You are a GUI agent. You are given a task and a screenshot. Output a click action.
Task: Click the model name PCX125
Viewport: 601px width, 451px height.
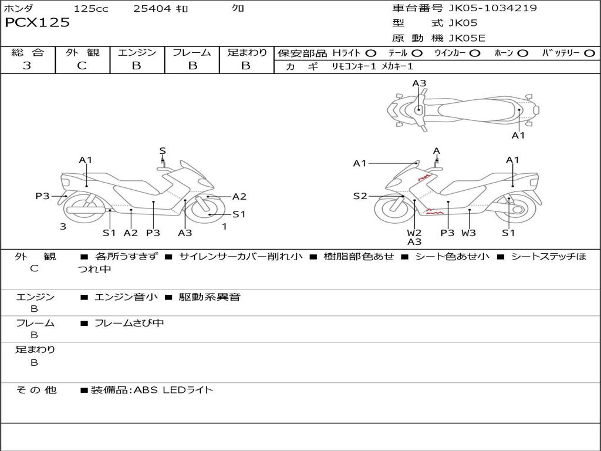point(37,23)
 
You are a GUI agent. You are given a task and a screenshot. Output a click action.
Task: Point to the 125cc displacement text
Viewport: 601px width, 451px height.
point(91,9)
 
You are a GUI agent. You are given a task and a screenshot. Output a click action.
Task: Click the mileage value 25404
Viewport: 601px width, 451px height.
point(152,9)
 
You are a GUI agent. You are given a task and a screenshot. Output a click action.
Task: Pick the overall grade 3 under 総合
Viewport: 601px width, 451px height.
point(27,66)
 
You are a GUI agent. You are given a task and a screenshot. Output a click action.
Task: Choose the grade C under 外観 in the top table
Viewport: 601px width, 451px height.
point(82,66)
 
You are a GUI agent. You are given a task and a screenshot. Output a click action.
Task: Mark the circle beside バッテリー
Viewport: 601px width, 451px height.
point(590,53)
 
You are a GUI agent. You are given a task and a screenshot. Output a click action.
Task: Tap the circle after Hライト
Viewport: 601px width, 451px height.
point(371,53)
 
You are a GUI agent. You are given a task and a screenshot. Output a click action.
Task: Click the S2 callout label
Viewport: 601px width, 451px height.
point(360,196)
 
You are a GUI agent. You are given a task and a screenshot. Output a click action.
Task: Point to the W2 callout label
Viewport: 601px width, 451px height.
point(414,233)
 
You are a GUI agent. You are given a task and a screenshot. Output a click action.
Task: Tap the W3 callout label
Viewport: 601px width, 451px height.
point(468,233)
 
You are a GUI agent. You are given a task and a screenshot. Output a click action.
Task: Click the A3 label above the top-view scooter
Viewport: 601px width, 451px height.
point(419,83)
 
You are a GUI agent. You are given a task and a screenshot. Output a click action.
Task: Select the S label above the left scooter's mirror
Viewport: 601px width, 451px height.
point(163,151)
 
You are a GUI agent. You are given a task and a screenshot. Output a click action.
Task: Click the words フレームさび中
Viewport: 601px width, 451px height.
point(129,323)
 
